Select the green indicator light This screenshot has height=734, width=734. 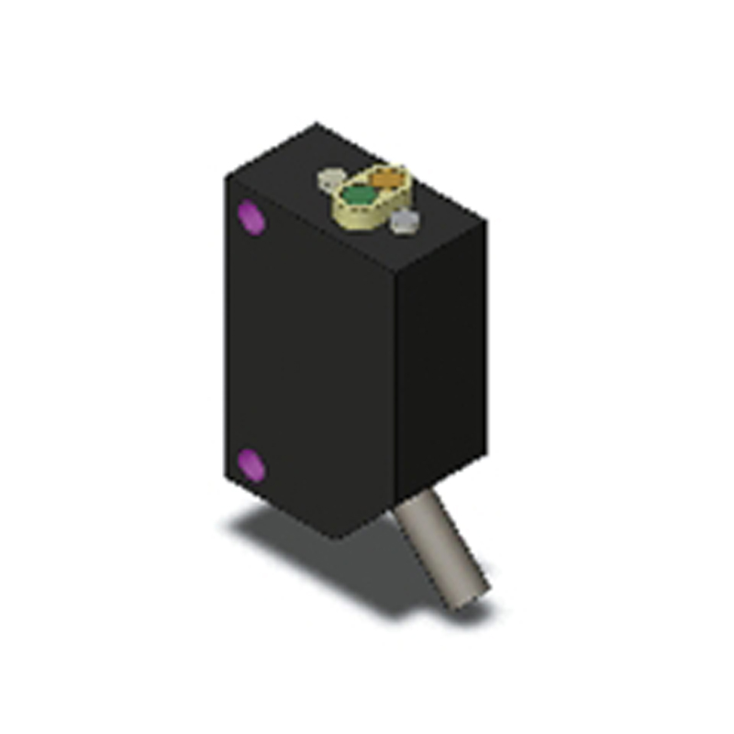coord(358,195)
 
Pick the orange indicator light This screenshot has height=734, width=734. coord(386,177)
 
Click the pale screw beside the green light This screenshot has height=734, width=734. coord(330,179)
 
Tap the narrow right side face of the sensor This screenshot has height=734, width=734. coord(440,367)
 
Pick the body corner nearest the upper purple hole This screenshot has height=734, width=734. coord(227,174)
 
